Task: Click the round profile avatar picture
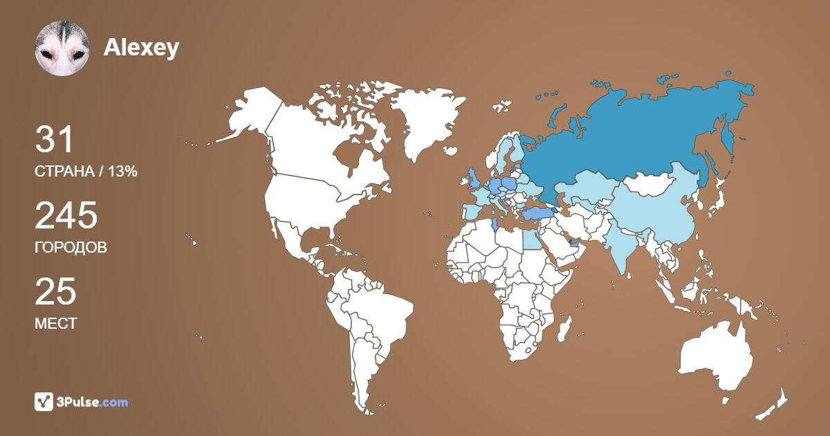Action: (62, 48)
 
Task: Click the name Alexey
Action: (141, 47)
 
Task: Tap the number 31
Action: (55, 140)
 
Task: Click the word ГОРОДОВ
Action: (71, 247)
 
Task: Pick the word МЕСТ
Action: (55, 323)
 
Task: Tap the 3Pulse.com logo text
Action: (92, 401)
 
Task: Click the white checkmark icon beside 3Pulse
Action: (44, 401)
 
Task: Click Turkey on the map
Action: (536, 213)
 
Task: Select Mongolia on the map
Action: (654, 184)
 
